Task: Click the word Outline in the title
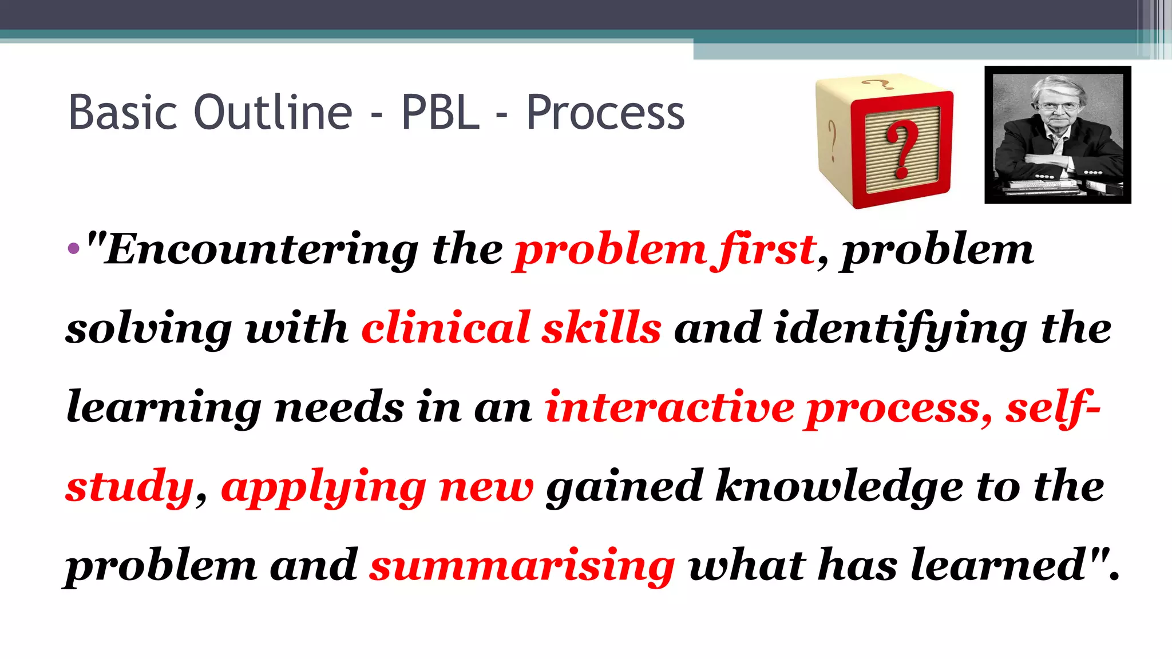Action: pyautogui.click(x=273, y=112)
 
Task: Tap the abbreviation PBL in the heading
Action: pyautogui.click(x=440, y=112)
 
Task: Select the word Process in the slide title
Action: pyautogui.click(x=605, y=113)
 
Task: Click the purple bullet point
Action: pyautogui.click(x=73, y=249)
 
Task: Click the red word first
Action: pyautogui.click(x=766, y=250)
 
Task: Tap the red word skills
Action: pyautogui.click(x=601, y=328)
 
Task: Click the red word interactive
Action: pyautogui.click(x=670, y=407)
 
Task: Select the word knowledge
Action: pyautogui.click(x=840, y=486)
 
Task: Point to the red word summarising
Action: pyautogui.click(x=522, y=565)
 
